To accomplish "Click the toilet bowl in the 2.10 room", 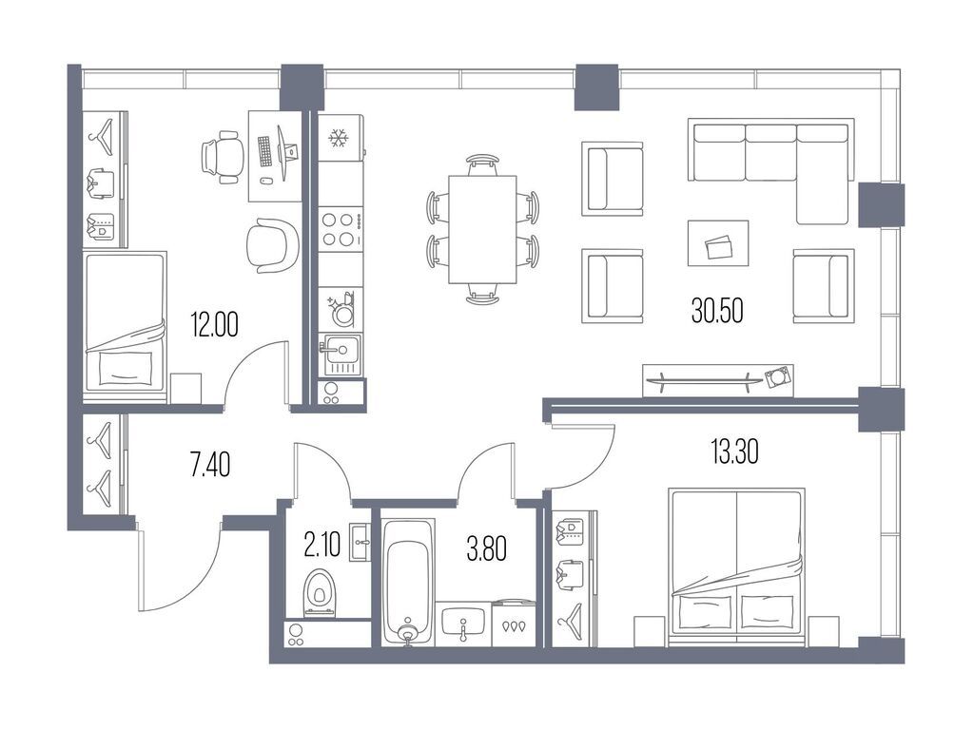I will pos(321,592).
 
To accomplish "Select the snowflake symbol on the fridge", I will pos(337,140).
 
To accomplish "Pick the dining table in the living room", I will pos(482,229).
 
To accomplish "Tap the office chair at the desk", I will pos(222,156).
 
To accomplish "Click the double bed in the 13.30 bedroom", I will pos(737,566).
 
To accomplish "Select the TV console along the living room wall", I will pos(718,377).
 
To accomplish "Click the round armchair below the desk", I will pos(272,243).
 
